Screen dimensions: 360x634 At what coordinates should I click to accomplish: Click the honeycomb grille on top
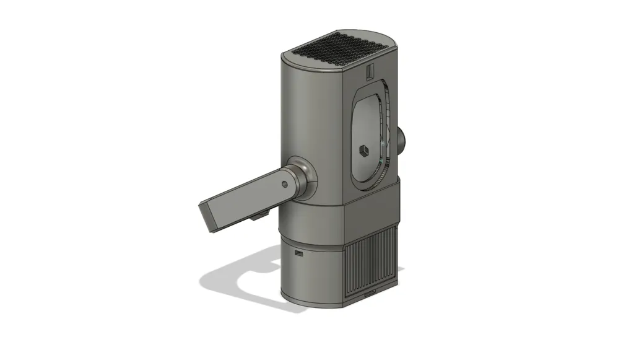[x=337, y=49]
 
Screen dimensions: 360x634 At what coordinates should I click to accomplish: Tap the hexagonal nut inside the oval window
[x=363, y=150]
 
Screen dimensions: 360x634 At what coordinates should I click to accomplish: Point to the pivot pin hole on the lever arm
[x=284, y=184]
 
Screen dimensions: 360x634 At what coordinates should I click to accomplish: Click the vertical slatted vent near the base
[x=371, y=263]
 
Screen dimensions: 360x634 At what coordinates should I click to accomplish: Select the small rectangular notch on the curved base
[x=299, y=253]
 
